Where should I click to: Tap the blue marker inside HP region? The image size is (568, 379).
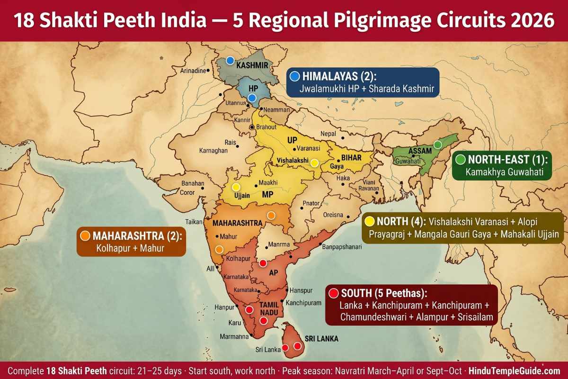point(252,98)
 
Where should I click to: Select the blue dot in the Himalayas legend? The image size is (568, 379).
point(295,76)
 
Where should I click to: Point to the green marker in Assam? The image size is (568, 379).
point(438,144)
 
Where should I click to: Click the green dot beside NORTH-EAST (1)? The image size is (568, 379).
point(460,160)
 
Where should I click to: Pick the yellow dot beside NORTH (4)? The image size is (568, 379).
point(370,221)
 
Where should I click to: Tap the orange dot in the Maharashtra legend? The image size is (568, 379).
point(85,235)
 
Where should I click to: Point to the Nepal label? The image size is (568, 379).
point(328,134)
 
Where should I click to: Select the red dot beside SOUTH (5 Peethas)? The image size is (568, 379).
point(333,293)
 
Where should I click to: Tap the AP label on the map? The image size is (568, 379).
point(273,273)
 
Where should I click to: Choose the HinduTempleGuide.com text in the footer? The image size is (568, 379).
point(514,370)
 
